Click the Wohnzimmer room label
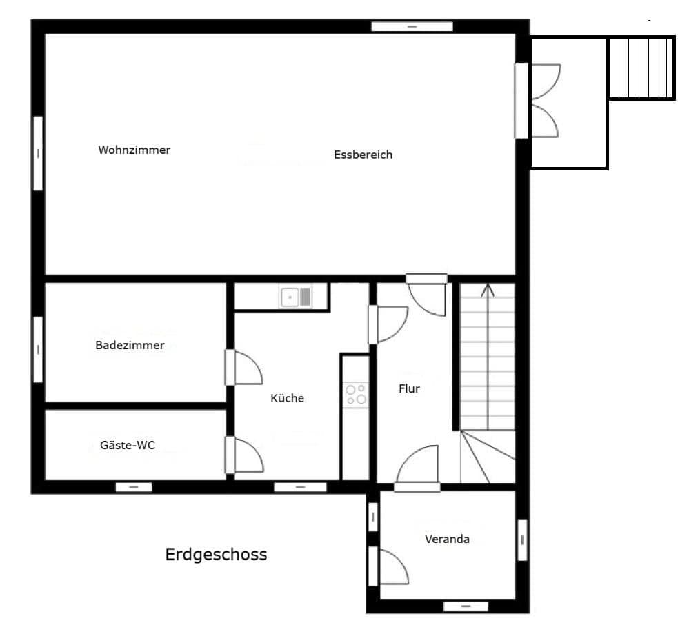pyautogui.click(x=134, y=150)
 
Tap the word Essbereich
pyautogui.click(x=363, y=155)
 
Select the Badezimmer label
pyautogui.click(x=130, y=345)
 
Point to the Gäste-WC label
pyautogui.click(x=123, y=445)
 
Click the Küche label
pyautogui.click(x=287, y=398)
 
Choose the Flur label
pyautogui.click(x=409, y=388)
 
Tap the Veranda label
pyautogui.click(x=447, y=539)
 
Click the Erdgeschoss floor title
pyautogui.click(x=216, y=554)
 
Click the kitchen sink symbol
pyautogui.click(x=295, y=297)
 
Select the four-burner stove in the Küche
pyautogui.click(x=356, y=395)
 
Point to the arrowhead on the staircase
pyautogui.click(x=488, y=288)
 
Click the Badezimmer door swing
pyautogui.click(x=245, y=368)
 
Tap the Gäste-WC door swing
pyautogui.click(x=245, y=455)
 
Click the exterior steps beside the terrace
pyautogui.click(x=641, y=68)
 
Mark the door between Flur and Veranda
pyautogui.click(x=418, y=468)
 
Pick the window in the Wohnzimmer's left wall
pyautogui.click(x=38, y=152)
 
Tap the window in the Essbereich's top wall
pyautogui.click(x=412, y=27)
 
